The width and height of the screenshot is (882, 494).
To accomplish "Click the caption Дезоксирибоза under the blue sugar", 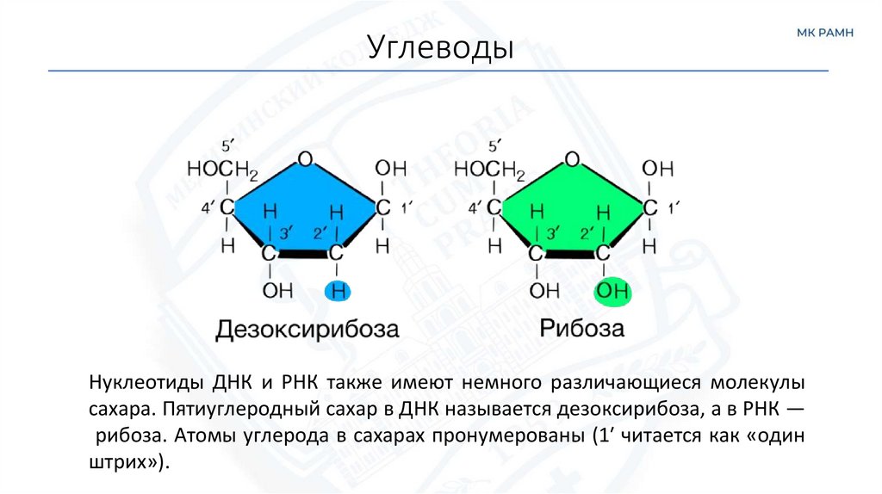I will [307, 330].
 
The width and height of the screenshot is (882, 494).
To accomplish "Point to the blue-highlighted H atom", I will [339, 292].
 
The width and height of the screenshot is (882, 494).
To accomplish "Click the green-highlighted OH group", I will [613, 291].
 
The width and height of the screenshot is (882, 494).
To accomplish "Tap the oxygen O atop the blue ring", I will [304, 159].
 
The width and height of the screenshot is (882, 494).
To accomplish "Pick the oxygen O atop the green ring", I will [572, 159].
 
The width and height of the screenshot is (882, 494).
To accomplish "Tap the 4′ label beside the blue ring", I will [208, 208].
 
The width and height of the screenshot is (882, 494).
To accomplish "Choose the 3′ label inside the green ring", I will [552, 232].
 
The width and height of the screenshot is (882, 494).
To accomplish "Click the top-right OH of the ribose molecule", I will [658, 168].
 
